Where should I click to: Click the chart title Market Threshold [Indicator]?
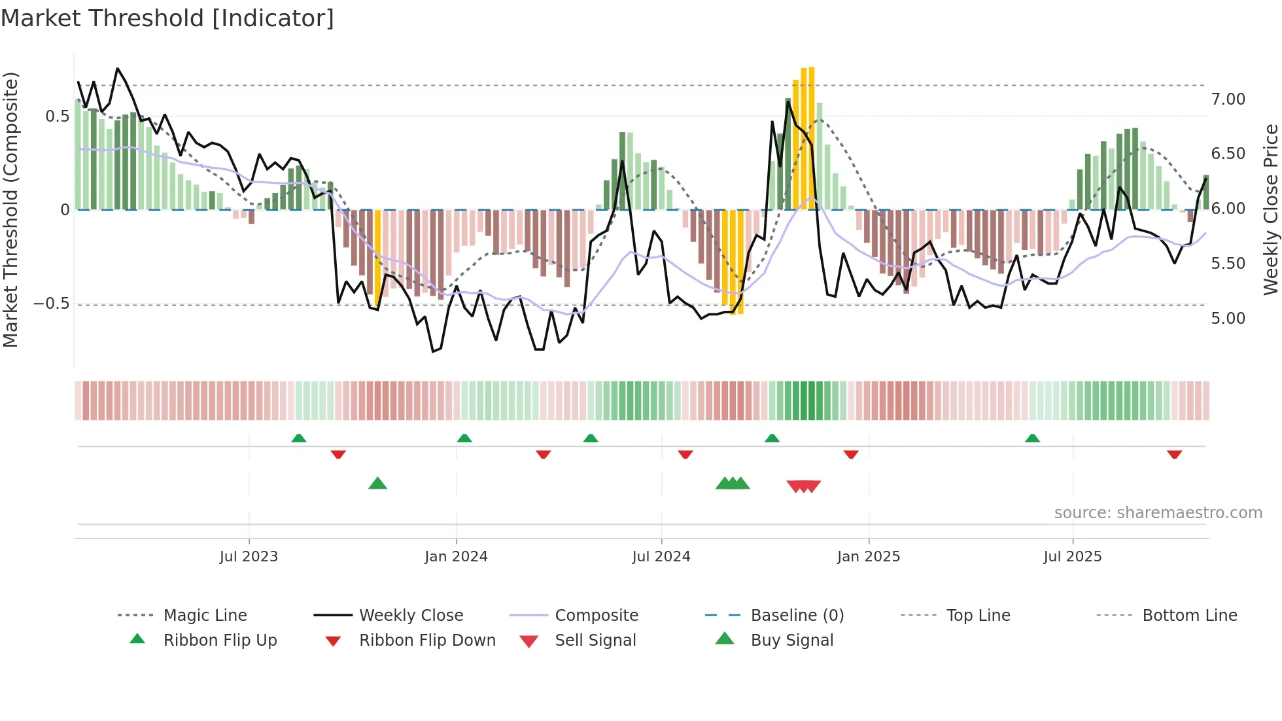click(167, 18)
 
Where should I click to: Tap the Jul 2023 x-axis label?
click(249, 556)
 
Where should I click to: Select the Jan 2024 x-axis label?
click(456, 556)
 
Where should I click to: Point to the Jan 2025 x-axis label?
click(869, 556)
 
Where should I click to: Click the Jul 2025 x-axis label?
click(1073, 556)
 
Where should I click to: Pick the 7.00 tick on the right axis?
click(1228, 99)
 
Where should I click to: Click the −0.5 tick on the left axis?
click(51, 304)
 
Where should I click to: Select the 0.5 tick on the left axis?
click(57, 116)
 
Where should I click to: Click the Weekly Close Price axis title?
click(1270, 209)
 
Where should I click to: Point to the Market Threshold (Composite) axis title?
click(10, 209)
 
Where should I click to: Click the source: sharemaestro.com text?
click(1158, 513)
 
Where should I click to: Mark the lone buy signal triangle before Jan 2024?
click(377, 484)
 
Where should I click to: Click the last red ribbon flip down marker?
click(1174, 454)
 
